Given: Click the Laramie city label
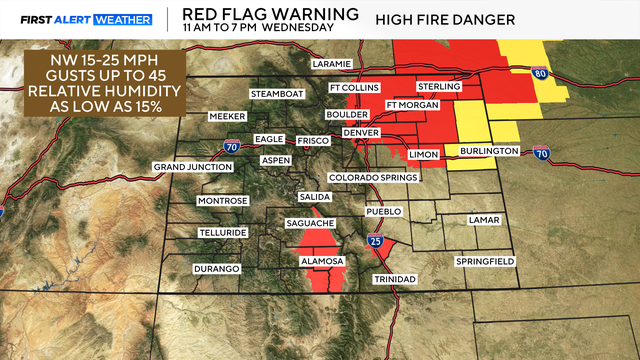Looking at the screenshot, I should click(x=331, y=63).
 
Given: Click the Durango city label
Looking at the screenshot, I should click(x=217, y=269).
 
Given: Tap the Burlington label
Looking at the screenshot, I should click(x=489, y=151).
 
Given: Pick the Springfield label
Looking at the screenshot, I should click(x=485, y=261).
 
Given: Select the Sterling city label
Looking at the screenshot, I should click(x=440, y=87).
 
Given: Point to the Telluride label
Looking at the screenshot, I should click(x=222, y=232).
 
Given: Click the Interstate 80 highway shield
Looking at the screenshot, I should click(x=539, y=73).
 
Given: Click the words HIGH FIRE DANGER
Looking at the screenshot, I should click(x=445, y=19).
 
